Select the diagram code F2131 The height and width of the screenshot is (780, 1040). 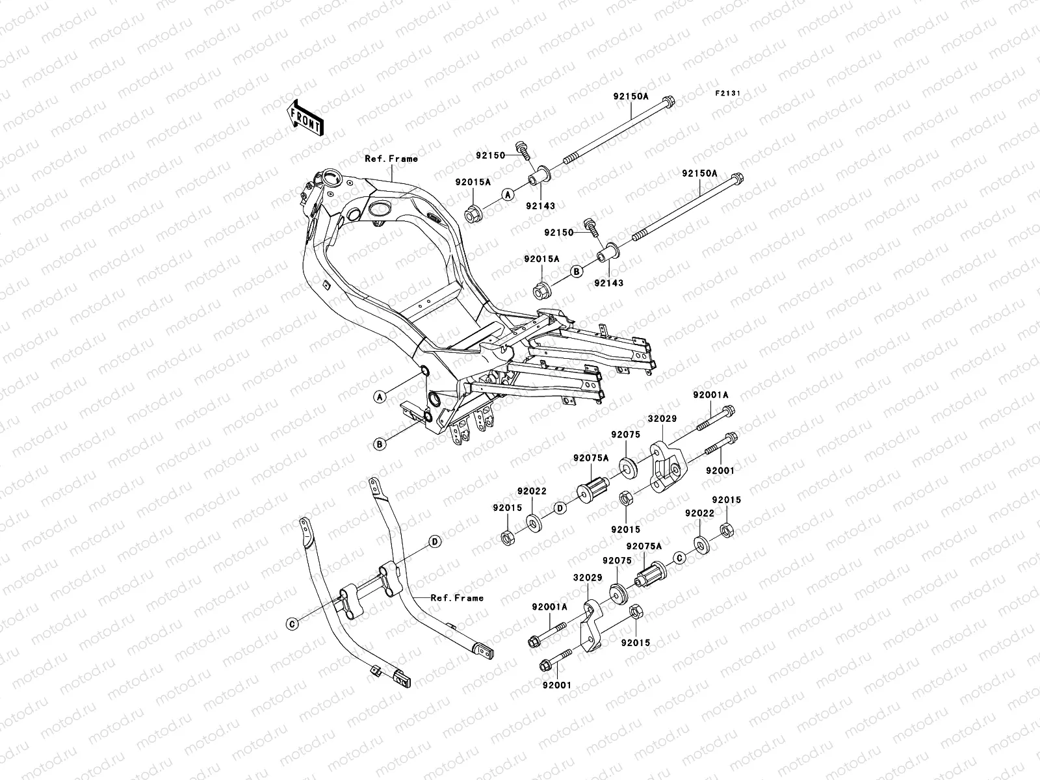[729, 94]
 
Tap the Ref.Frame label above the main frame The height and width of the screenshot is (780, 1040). [391, 159]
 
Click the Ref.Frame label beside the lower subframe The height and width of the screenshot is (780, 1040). [458, 597]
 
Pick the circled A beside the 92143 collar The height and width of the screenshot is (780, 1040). [508, 194]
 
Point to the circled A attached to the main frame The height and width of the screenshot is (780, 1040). [381, 396]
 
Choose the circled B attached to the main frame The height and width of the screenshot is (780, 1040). [381, 444]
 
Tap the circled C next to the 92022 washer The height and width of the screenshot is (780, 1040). [680, 557]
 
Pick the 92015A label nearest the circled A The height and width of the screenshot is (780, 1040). [473, 183]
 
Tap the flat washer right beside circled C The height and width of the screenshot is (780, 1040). [702, 543]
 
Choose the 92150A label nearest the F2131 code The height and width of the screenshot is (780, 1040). [630, 96]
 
